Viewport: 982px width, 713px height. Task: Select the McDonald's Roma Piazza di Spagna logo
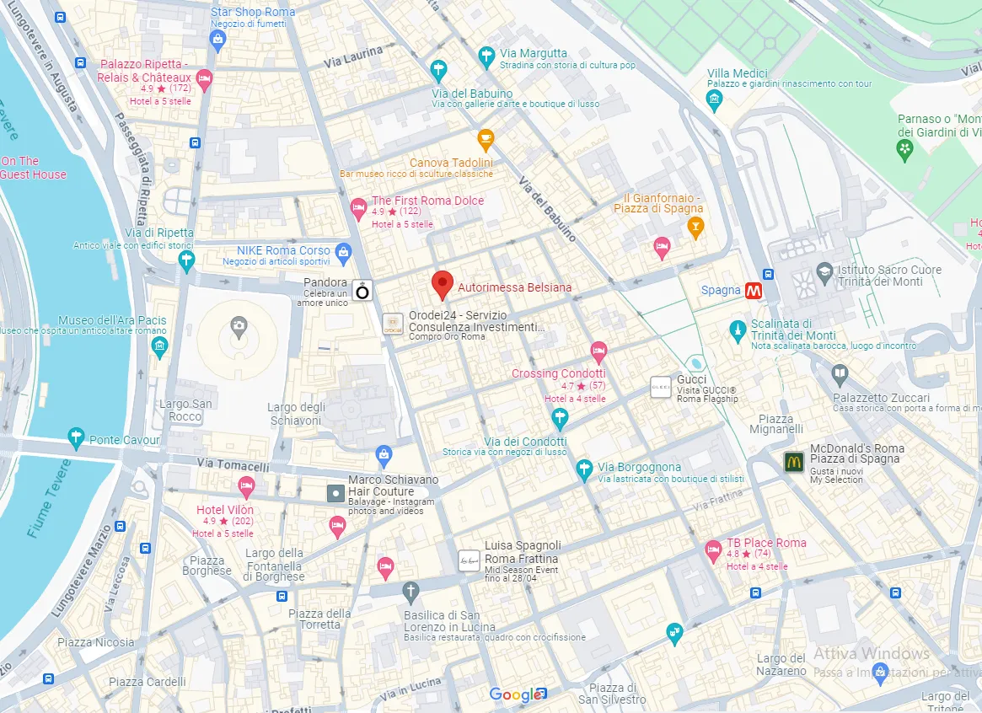point(793,461)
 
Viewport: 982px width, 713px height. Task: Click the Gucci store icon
point(661,387)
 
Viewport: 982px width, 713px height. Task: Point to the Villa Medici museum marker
point(715,100)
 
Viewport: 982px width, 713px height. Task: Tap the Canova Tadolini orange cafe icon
point(486,138)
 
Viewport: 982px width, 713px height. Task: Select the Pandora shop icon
point(362,292)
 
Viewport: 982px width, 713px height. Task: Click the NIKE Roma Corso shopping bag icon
point(343,251)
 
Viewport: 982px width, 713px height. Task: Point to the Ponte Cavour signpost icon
point(77,437)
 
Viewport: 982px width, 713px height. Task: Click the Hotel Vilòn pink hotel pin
point(246,485)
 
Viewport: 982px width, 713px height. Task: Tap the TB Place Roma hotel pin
point(713,551)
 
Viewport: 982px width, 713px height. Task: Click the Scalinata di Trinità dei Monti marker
point(738,329)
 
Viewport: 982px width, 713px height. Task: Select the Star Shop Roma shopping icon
point(217,40)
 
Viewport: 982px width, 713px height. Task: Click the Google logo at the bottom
point(515,694)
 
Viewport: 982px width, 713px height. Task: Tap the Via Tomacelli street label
point(233,465)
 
